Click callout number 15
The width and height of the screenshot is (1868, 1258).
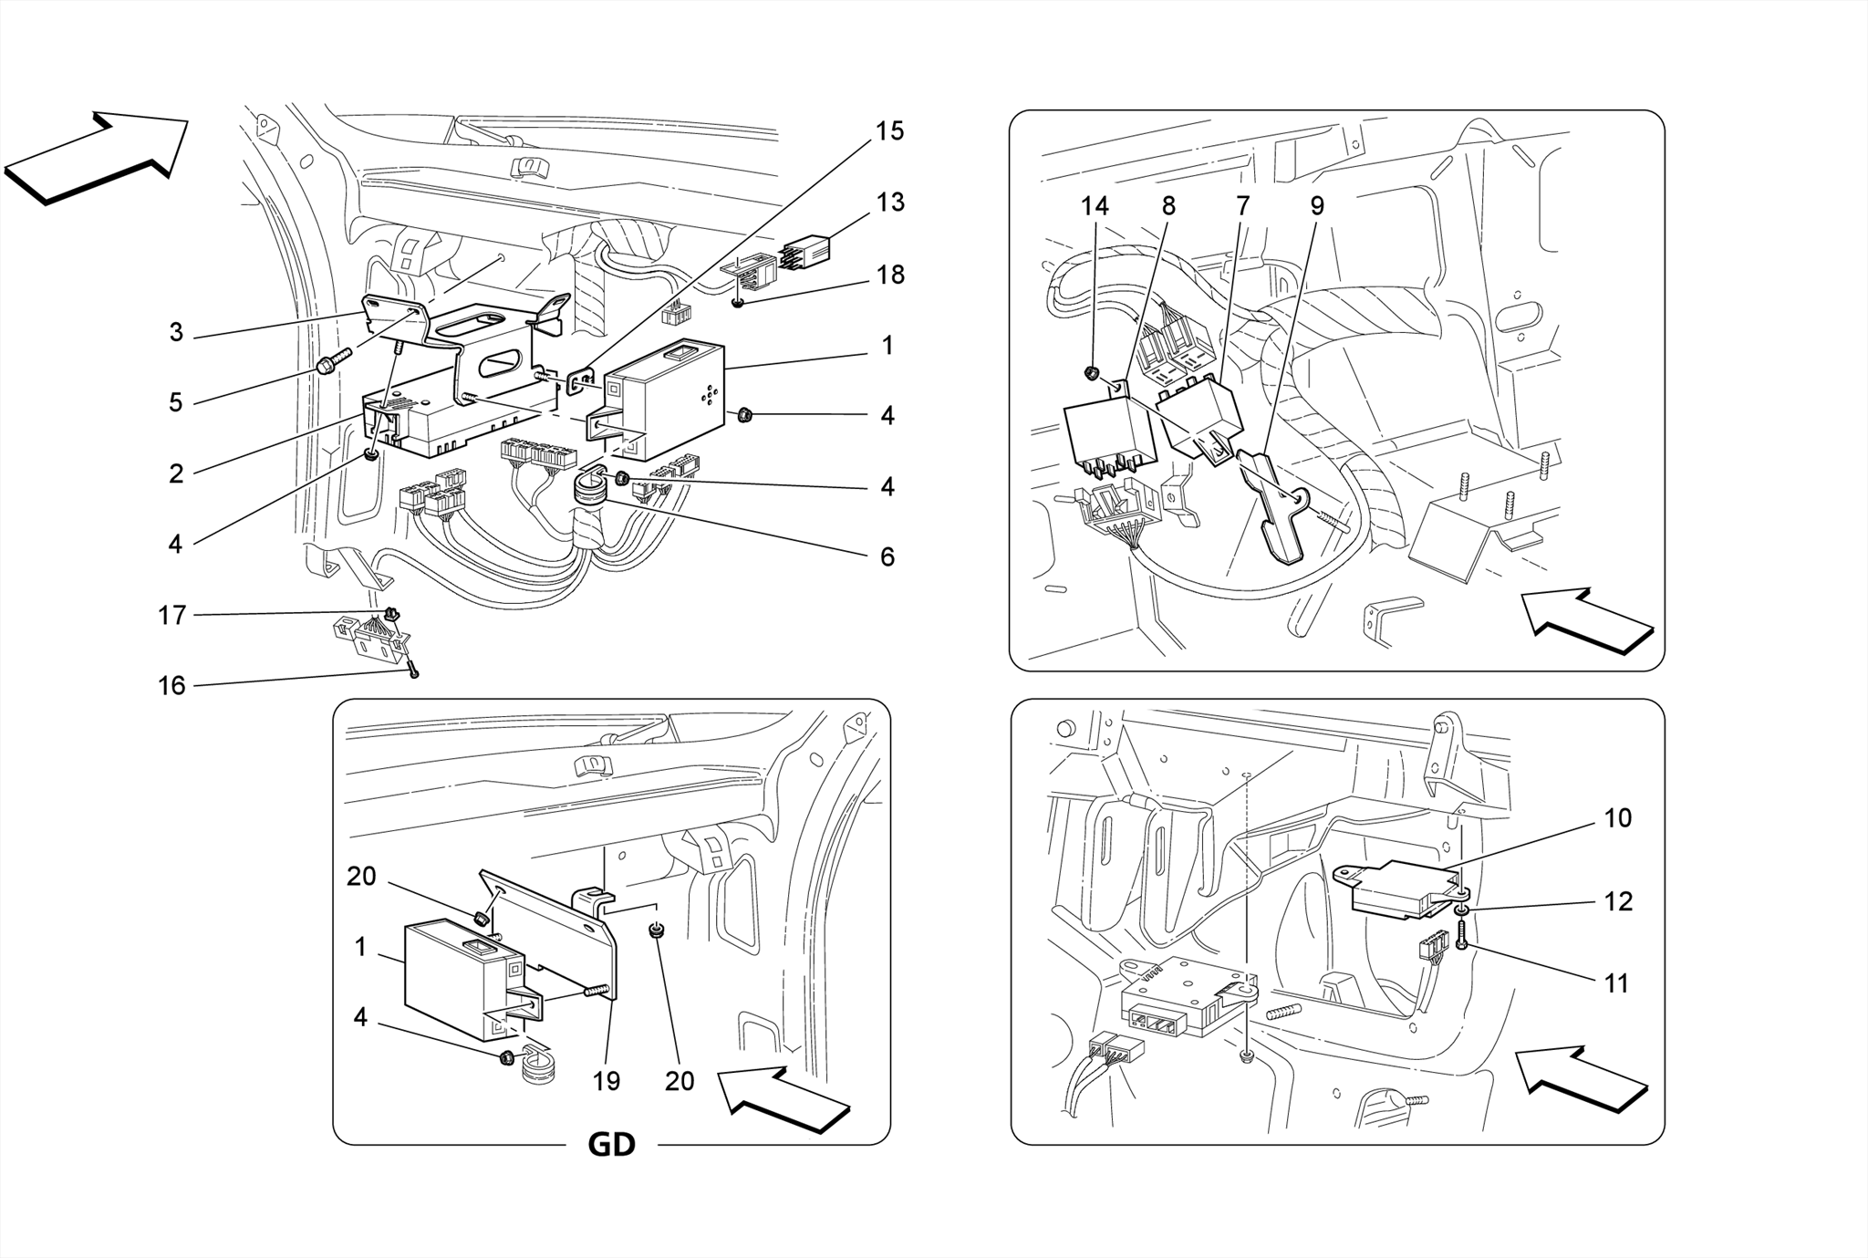click(x=889, y=131)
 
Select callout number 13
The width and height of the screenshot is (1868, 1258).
click(x=889, y=203)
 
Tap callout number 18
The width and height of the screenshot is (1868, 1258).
click(x=889, y=275)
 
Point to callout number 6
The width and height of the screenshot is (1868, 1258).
click(x=887, y=556)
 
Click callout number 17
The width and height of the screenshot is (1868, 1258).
click(x=171, y=616)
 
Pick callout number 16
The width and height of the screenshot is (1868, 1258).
click(x=171, y=686)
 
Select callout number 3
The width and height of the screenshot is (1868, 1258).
click(x=176, y=333)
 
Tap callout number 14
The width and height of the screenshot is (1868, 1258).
click(x=1095, y=207)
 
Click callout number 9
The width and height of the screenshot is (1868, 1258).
click(x=1317, y=207)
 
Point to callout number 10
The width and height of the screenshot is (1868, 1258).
click(x=1617, y=818)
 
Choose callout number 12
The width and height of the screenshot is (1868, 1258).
click(x=1617, y=901)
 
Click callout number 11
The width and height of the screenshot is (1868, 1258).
click(x=1616, y=983)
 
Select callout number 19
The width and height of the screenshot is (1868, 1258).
click(x=607, y=1081)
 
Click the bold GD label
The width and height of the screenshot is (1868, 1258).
click(x=611, y=1144)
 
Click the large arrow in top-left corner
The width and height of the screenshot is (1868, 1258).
click(x=96, y=157)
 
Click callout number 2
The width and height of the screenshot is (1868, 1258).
click(x=176, y=473)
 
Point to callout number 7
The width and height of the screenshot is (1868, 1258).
click(x=1242, y=207)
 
